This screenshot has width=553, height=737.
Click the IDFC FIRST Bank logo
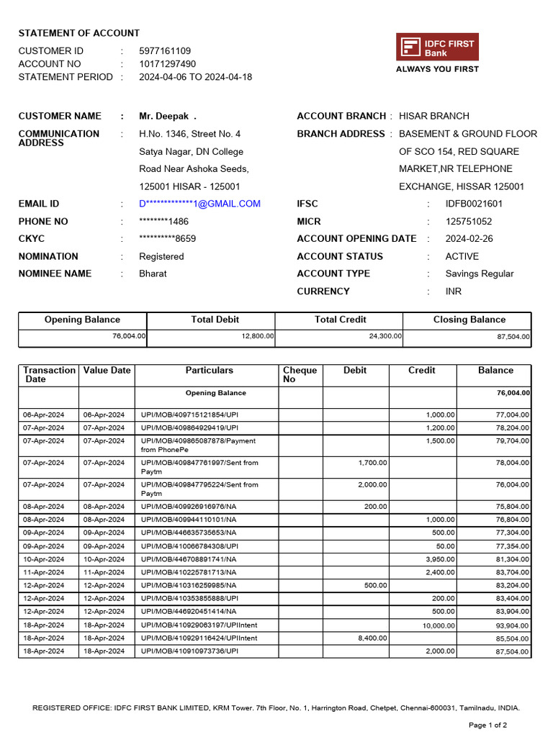point(437,48)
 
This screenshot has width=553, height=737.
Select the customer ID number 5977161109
point(165,51)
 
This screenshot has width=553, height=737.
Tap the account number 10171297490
point(167,64)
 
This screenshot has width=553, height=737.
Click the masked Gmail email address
point(199,204)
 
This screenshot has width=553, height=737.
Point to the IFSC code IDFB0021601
point(474,204)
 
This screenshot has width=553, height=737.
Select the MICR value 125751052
point(469,222)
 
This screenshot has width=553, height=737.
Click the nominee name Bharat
point(153,273)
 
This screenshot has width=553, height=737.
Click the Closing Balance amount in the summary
point(512,337)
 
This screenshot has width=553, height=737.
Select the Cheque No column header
point(300,374)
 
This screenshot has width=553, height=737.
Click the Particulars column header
point(209,370)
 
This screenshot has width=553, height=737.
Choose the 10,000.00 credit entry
point(438,625)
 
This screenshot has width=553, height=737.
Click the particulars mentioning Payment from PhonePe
point(198,445)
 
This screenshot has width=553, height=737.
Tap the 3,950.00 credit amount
point(440,559)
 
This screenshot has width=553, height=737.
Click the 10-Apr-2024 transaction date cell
point(43,559)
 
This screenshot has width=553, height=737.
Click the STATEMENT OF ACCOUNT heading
point(79,33)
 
